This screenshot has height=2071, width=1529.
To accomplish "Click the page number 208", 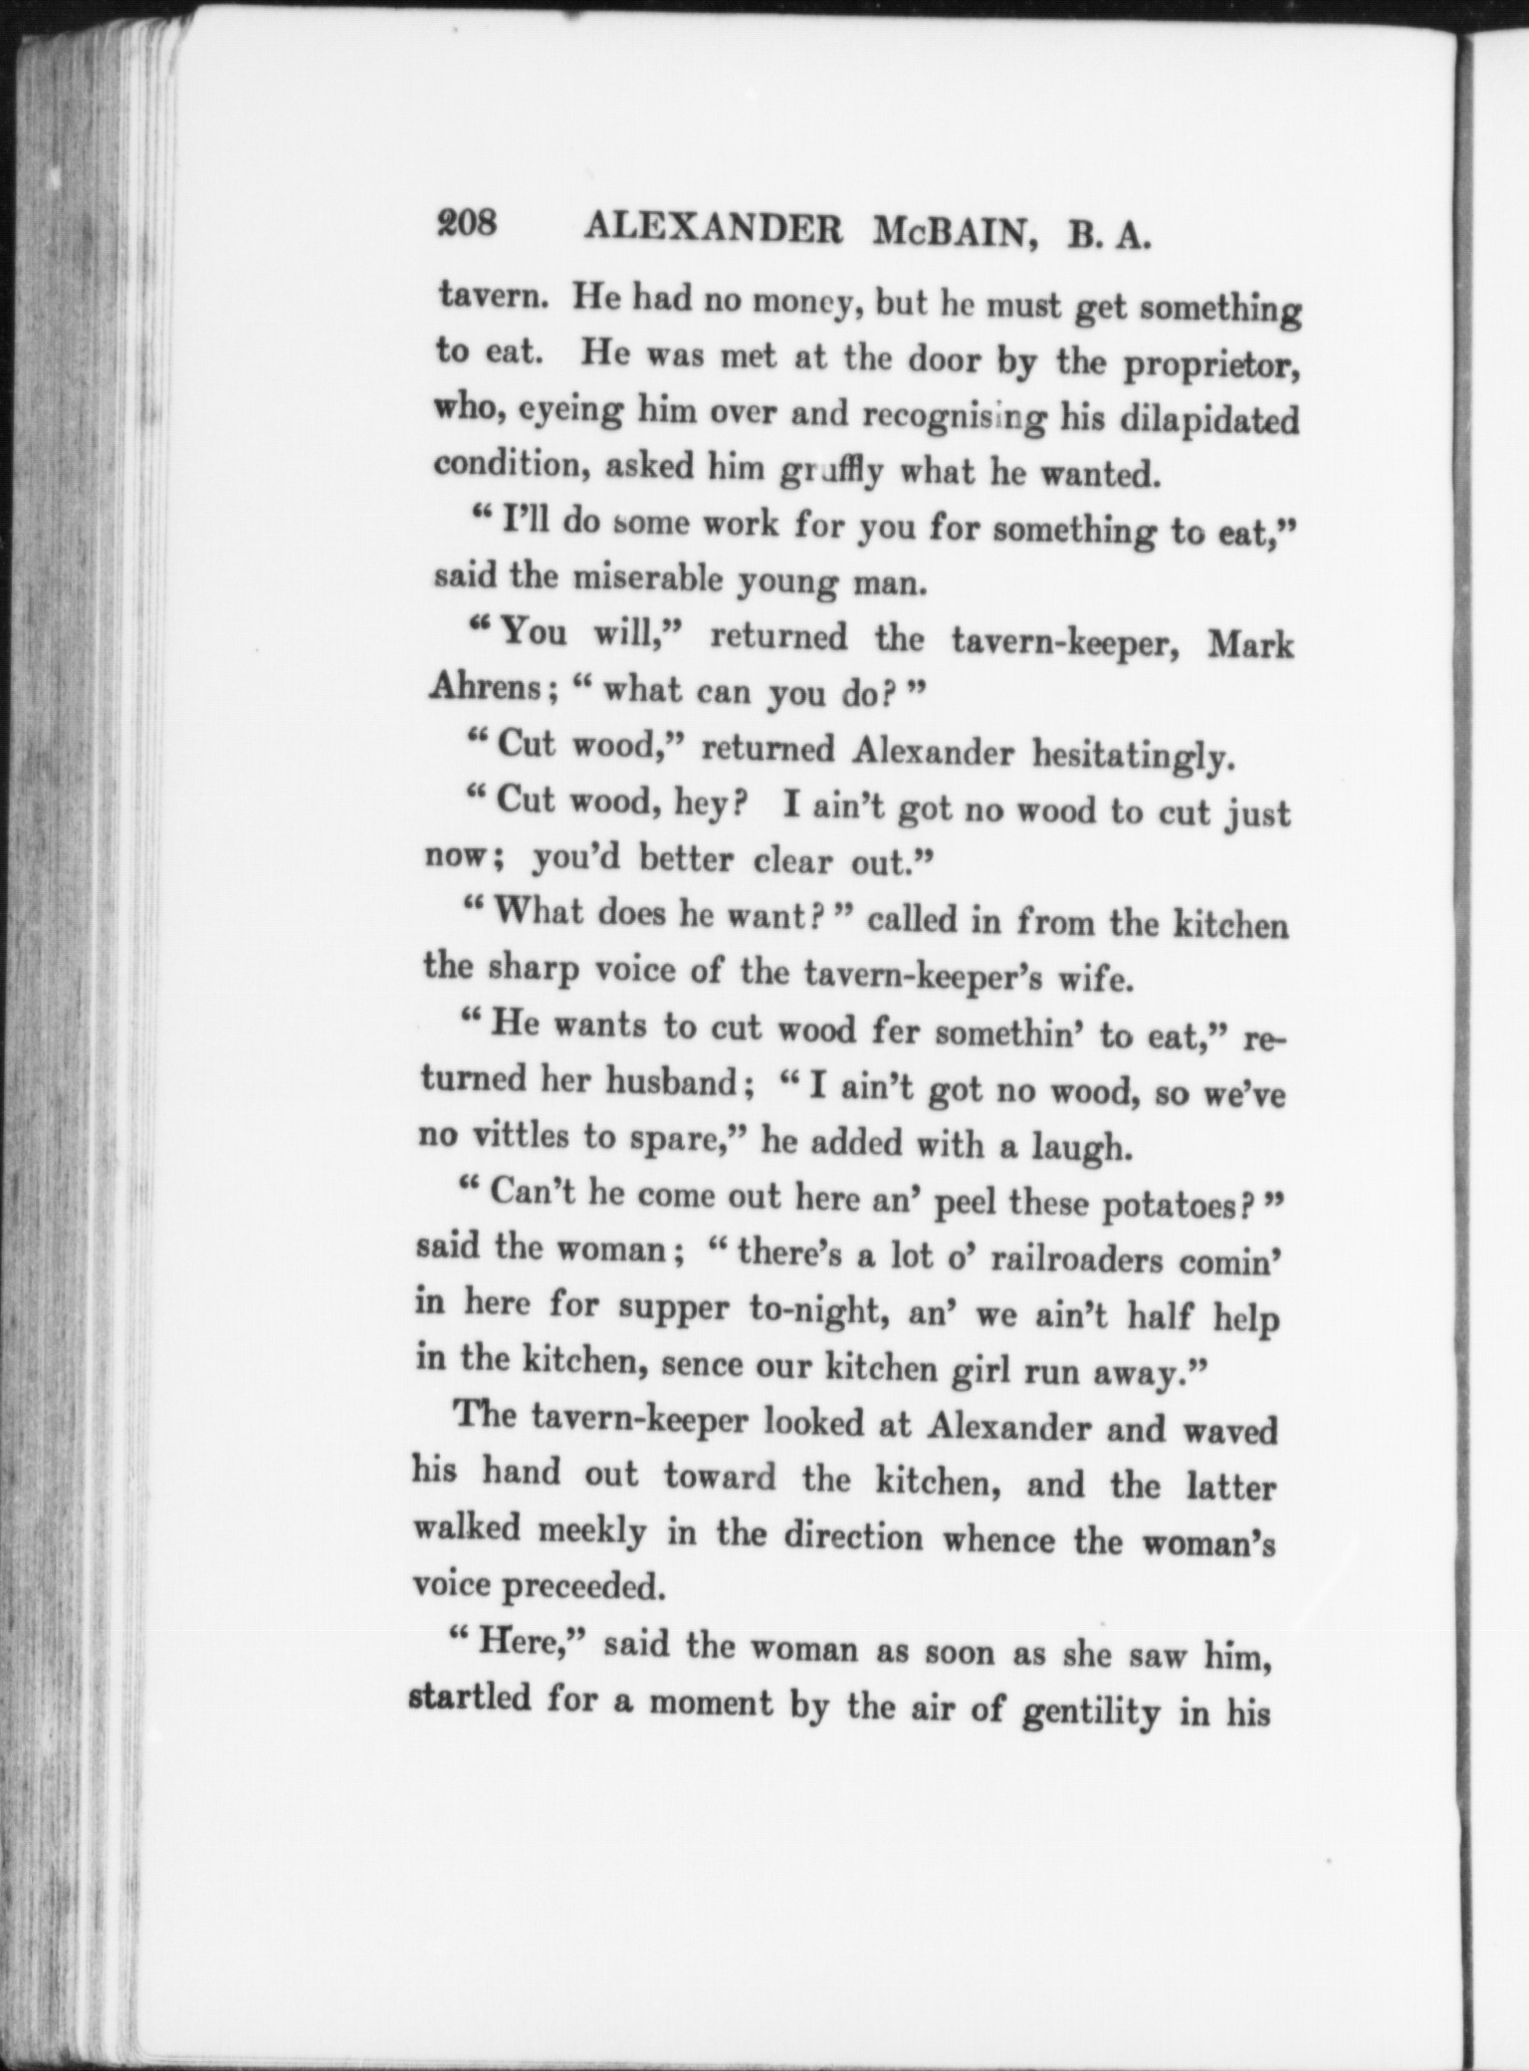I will click(467, 223).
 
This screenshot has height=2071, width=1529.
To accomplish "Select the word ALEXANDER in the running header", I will click(714, 228).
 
